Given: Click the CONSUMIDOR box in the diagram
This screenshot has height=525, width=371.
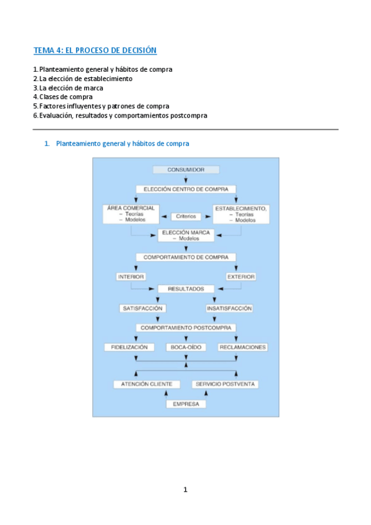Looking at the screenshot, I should pos(186,170).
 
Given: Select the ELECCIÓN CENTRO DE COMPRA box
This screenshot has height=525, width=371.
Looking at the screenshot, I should pos(186,189).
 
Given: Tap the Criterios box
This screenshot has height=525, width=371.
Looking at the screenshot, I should pos(186,217).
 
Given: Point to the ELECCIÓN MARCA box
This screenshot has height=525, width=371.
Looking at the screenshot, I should pos(186,235).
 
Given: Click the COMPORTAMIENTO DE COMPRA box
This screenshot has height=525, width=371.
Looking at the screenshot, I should pos(186,257).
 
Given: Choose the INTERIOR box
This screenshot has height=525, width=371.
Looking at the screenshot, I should pos(131,277).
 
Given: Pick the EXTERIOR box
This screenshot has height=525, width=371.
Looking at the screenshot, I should pos(241,277).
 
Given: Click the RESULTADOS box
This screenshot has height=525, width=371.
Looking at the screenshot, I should pos(186,289).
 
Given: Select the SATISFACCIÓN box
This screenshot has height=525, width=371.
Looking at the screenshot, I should pos(142,308).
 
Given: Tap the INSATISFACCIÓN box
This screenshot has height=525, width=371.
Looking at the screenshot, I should pos(229,308).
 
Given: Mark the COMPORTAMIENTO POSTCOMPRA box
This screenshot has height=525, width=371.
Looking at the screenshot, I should pos(186,328).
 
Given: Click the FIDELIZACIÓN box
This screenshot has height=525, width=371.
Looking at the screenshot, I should pos(129,347).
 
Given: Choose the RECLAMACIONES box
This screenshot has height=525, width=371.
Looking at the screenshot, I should pos(243,347).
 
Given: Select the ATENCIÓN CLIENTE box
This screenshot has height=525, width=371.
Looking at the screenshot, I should pos(143,384).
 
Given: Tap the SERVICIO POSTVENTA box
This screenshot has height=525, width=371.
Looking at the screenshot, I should pos(225,384).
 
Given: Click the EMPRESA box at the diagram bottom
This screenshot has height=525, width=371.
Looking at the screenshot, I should pos(186,404).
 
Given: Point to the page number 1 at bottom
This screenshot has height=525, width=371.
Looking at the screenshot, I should pos(185,490).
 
